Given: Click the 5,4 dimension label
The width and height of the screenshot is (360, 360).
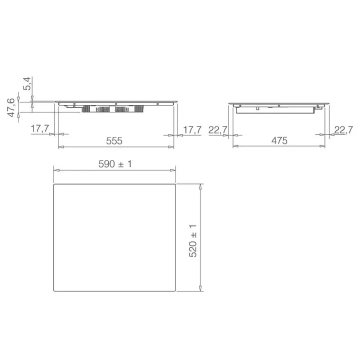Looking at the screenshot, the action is point(27,84).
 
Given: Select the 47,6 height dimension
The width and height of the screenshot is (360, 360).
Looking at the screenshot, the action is point(11,107).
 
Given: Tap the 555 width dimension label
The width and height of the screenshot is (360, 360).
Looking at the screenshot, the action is point(114,140).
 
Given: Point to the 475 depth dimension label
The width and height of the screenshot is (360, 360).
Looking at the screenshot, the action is point(279,140).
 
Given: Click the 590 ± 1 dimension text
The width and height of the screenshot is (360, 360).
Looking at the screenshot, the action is point(115,164).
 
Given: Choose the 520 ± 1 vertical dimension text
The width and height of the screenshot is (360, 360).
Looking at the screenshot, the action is point(193,240).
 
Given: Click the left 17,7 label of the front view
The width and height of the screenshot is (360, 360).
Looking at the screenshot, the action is point(39,128).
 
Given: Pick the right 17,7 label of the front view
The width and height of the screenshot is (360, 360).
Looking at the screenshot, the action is point(192,130).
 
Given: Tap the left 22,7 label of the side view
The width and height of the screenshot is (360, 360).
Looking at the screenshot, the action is point(217,130).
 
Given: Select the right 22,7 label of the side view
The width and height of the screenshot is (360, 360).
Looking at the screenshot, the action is point(343,130).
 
